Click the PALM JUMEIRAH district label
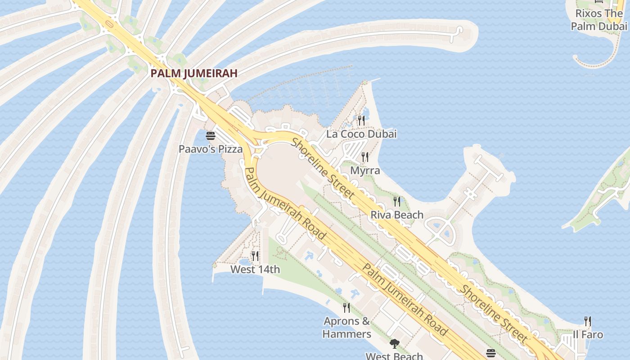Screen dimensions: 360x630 (193, 73)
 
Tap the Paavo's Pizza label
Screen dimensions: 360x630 (211, 149)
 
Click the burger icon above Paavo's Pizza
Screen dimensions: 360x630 (211, 135)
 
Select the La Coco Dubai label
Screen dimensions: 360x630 (361, 134)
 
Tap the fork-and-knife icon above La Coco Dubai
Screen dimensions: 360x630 (361, 120)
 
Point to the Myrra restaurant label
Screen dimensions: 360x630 (365, 171)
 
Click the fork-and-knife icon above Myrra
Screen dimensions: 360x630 (365, 157)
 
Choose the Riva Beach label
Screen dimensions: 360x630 (397, 215)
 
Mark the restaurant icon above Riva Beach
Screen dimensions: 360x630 (397, 201)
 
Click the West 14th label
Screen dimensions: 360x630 (255, 270)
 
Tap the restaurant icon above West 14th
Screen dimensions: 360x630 (255, 256)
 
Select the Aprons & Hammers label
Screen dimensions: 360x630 (347, 328)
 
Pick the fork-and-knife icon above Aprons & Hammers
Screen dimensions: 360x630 (346, 308)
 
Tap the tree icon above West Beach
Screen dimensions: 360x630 (395, 344)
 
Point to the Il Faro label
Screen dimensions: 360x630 (588, 335)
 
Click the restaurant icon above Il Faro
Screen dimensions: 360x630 (588, 321)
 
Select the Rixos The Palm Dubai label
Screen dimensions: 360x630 (599, 20)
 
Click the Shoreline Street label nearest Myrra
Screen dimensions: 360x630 (323, 169)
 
